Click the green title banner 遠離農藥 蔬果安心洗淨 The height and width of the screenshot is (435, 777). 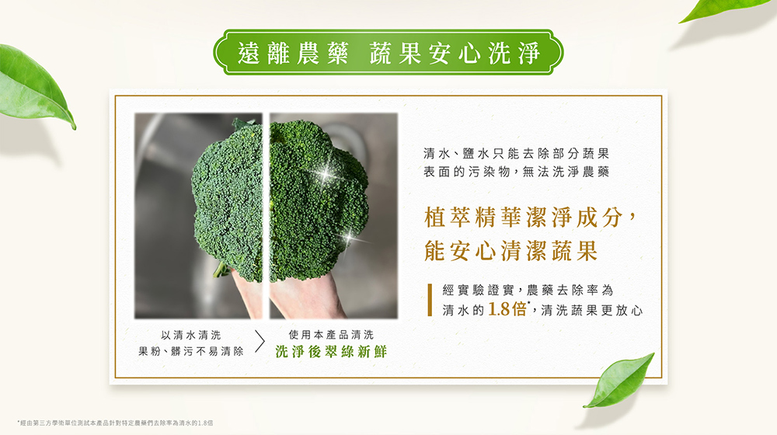(x=388, y=53)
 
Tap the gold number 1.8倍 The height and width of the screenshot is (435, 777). (x=507, y=309)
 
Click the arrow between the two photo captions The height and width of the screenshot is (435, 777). (x=260, y=341)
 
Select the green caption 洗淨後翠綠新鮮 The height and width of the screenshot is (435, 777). (x=331, y=352)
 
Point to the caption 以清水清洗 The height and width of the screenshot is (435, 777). (x=191, y=336)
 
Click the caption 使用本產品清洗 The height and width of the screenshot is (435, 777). (x=331, y=335)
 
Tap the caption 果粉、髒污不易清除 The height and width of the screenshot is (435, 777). (x=191, y=352)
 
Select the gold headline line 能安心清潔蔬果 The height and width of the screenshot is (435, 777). (x=511, y=250)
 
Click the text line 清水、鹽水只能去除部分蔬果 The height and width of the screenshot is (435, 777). (x=516, y=154)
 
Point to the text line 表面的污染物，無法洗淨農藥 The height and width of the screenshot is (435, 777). (x=516, y=172)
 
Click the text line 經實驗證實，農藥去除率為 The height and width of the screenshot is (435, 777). (x=528, y=290)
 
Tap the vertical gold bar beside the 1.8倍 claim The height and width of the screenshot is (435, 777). (x=430, y=300)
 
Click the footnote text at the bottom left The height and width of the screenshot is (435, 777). (x=116, y=423)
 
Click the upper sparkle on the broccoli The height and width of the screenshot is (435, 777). (x=325, y=173)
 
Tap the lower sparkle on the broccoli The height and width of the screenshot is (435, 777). (x=350, y=238)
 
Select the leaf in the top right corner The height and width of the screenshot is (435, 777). (x=724, y=10)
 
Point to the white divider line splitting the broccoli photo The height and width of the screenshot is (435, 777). (x=266, y=215)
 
